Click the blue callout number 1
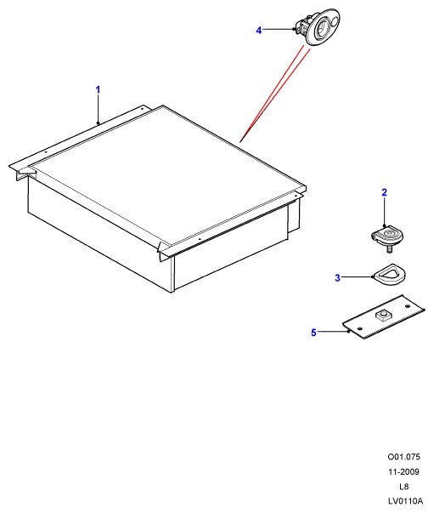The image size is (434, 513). pyautogui.click(x=98, y=89)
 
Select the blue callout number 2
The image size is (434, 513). pyautogui.click(x=385, y=192)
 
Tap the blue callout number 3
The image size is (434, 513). pyautogui.click(x=338, y=277)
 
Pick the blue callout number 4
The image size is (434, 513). pyautogui.click(x=259, y=31)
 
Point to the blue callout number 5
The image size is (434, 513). pyautogui.click(x=313, y=333)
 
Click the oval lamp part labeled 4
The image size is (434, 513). pyautogui.click(x=318, y=27)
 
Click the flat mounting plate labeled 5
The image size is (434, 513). pyautogui.click(x=383, y=316)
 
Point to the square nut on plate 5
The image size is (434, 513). pyautogui.click(x=382, y=316)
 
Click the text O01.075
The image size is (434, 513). pyautogui.click(x=404, y=457)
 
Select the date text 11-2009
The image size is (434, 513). pyautogui.click(x=404, y=472)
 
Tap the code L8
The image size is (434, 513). pyautogui.click(x=404, y=487)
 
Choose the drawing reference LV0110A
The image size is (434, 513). pyautogui.click(x=405, y=501)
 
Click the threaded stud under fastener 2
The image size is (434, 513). pyautogui.click(x=390, y=248)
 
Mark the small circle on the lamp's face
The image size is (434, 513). pyautogui.click(x=334, y=22)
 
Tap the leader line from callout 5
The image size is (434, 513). pyautogui.click(x=334, y=332)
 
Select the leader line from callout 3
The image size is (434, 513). pyautogui.click(x=358, y=277)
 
